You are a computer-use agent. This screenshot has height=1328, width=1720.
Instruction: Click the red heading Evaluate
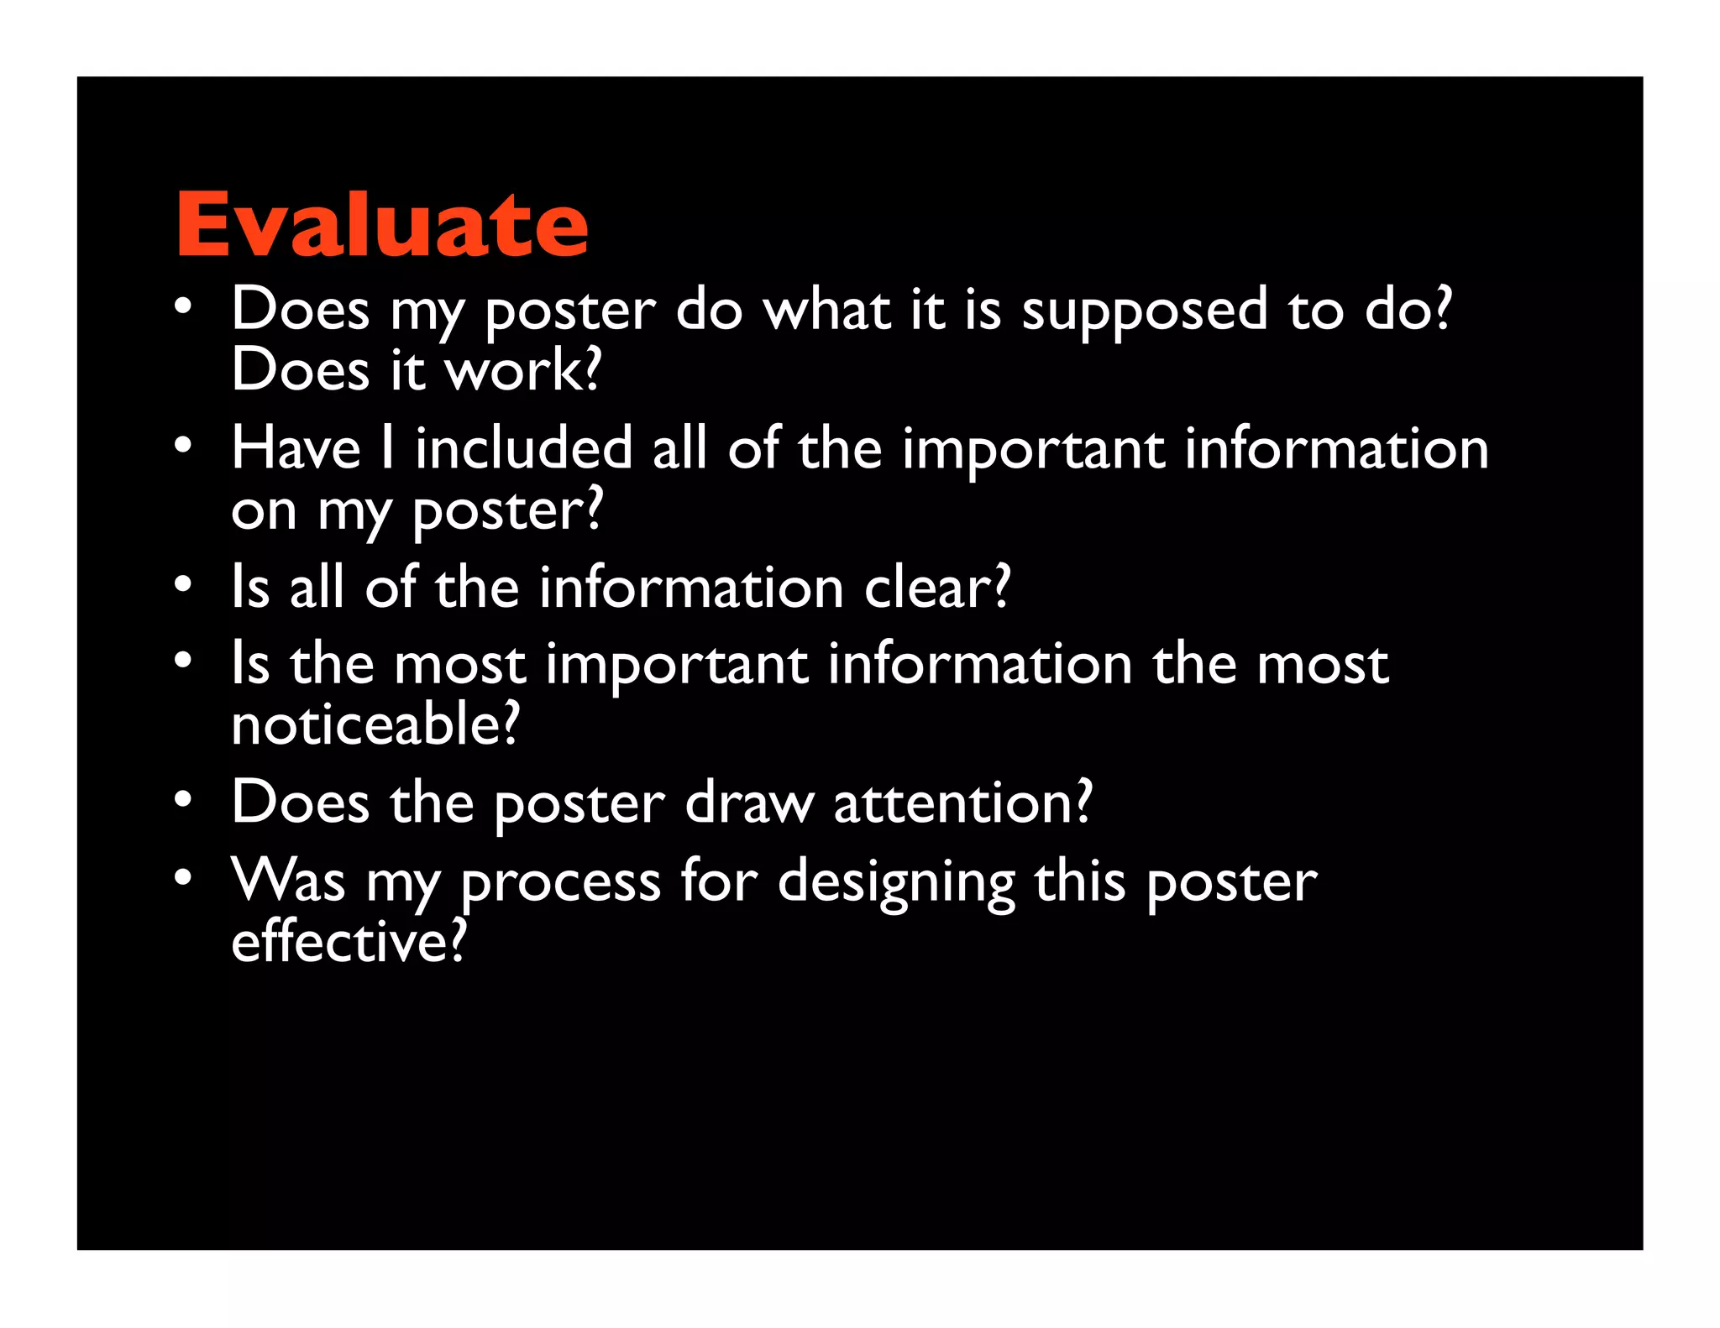pyautogui.click(x=382, y=224)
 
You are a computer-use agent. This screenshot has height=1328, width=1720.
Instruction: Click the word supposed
pyautogui.click(x=1144, y=311)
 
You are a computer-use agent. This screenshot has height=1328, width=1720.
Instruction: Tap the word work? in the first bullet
pyautogui.click(x=523, y=370)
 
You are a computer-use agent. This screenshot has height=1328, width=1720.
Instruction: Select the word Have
pyautogui.click(x=296, y=448)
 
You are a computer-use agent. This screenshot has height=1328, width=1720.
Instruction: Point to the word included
pyautogui.click(x=523, y=448)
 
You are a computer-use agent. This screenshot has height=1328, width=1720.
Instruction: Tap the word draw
pyautogui.click(x=749, y=803)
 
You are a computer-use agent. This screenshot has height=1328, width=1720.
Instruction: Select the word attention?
pyautogui.click(x=962, y=803)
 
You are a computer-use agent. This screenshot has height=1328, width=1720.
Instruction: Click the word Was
pyautogui.click(x=288, y=881)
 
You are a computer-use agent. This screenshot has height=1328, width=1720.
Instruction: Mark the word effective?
pyautogui.click(x=349, y=943)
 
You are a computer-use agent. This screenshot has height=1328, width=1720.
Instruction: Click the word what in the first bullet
pyautogui.click(x=827, y=311)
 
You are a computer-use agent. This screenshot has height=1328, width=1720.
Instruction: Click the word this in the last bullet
pyautogui.click(x=1079, y=881)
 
